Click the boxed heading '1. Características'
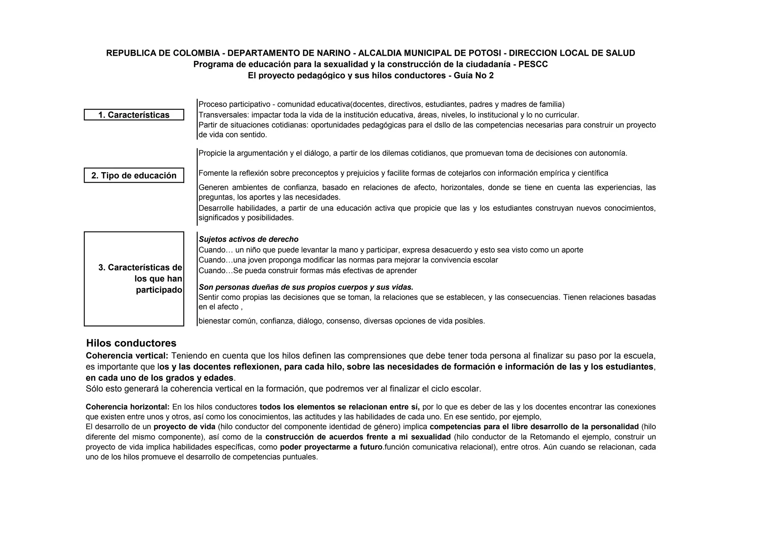(x=134, y=115)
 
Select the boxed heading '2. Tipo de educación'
(x=134, y=176)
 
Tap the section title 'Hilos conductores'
(x=131, y=343)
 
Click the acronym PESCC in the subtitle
(x=533, y=64)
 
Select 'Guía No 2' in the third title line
(x=474, y=75)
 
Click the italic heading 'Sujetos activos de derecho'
(x=248, y=239)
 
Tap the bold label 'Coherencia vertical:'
(x=127, y=355)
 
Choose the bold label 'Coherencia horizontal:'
(x=128, y=407)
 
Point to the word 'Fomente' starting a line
(x=214, y=173)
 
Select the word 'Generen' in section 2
(x=213, y=187)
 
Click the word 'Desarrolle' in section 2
(x=216, y=208)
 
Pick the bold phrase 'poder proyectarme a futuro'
(x=331, y=447)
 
